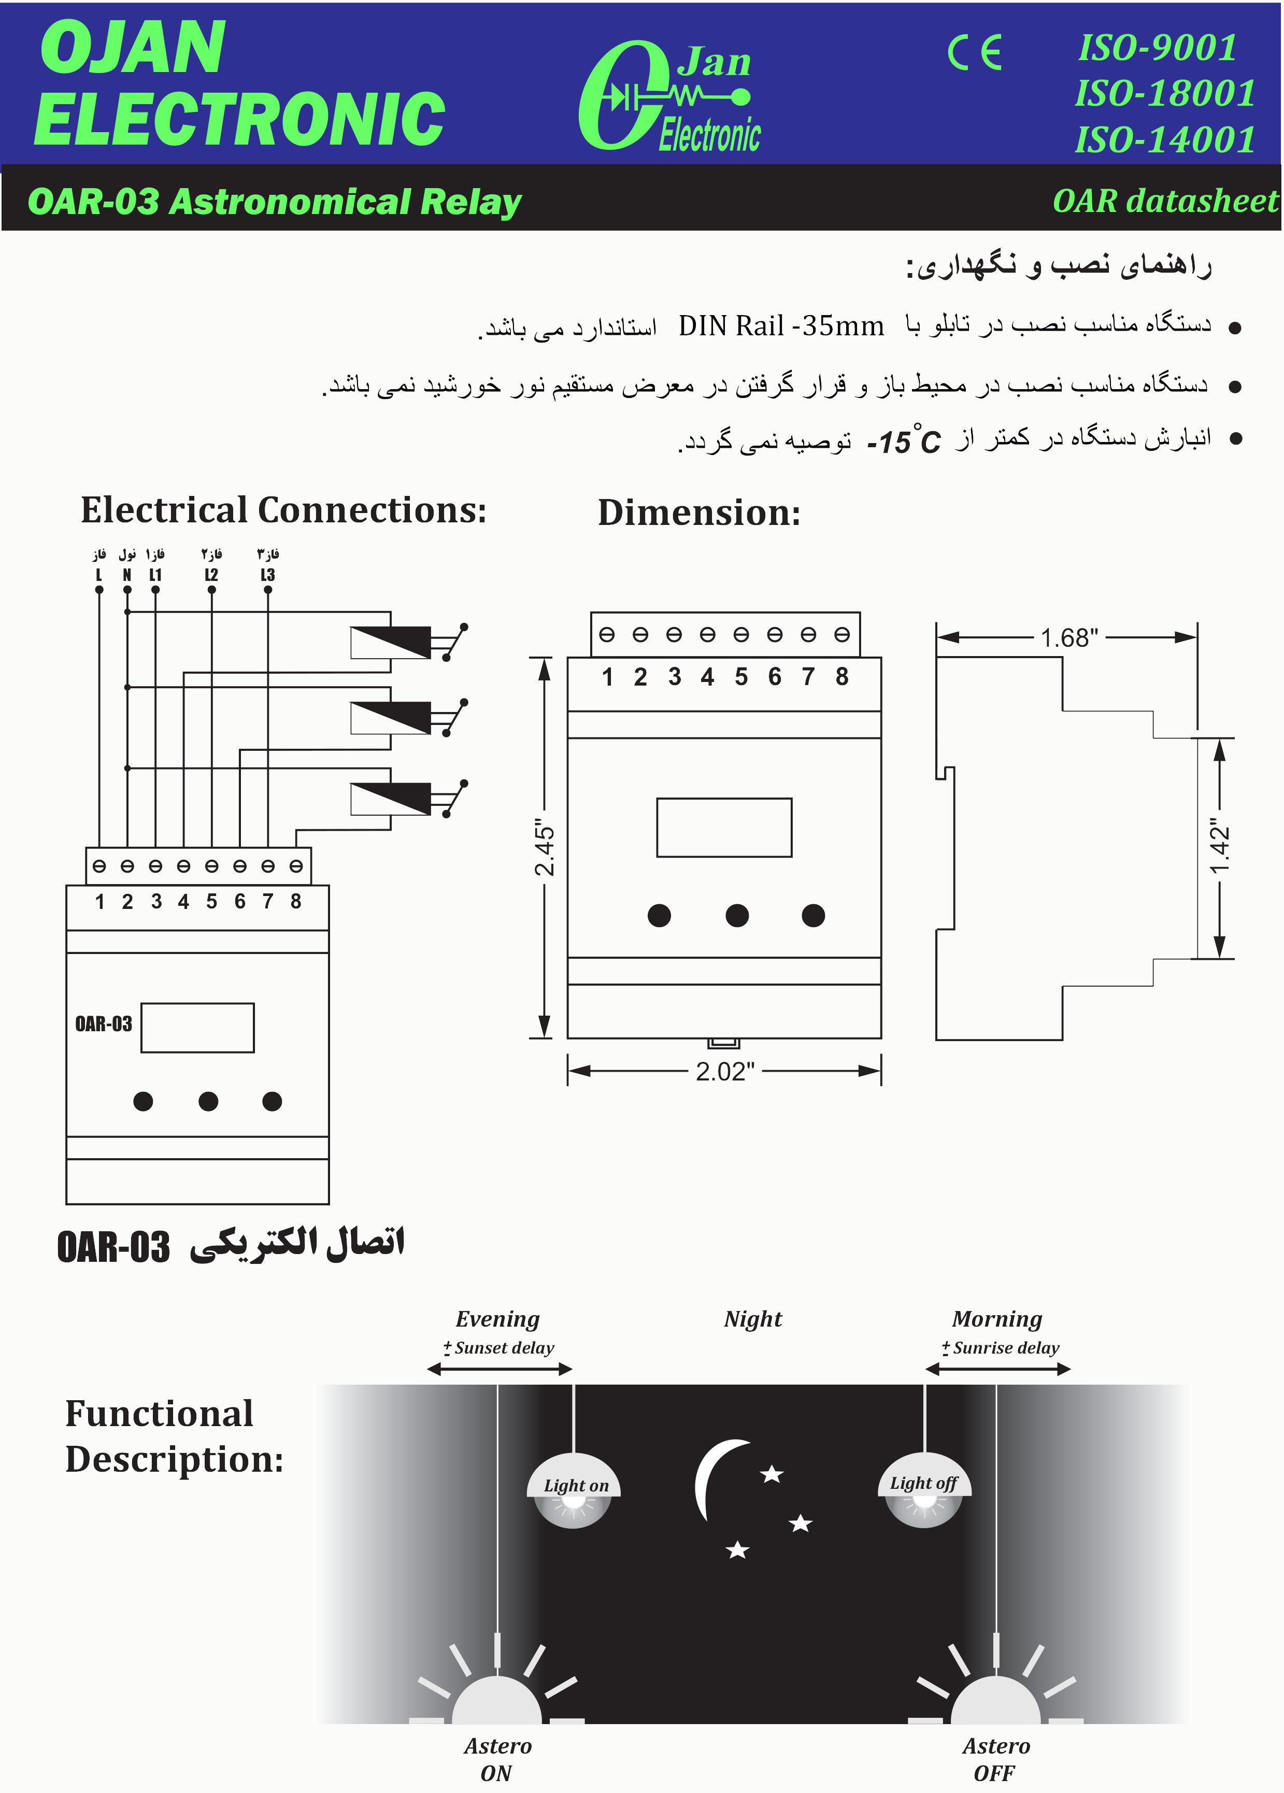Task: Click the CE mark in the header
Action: point(975,53)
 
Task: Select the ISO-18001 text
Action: point(1165,93)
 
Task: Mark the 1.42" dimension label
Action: point(1220,848)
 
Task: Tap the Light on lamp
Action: point(574,1491)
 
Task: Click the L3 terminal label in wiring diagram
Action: point(267,575)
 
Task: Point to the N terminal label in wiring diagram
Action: point(126,575)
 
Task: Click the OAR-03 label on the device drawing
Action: point(104,1024)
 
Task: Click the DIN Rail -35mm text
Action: point(780,326)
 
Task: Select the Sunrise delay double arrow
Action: point(998,1369)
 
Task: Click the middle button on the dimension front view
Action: point(737,916)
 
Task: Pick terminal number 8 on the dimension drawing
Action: point(841,677)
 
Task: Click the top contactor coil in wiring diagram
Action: point(391,642)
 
